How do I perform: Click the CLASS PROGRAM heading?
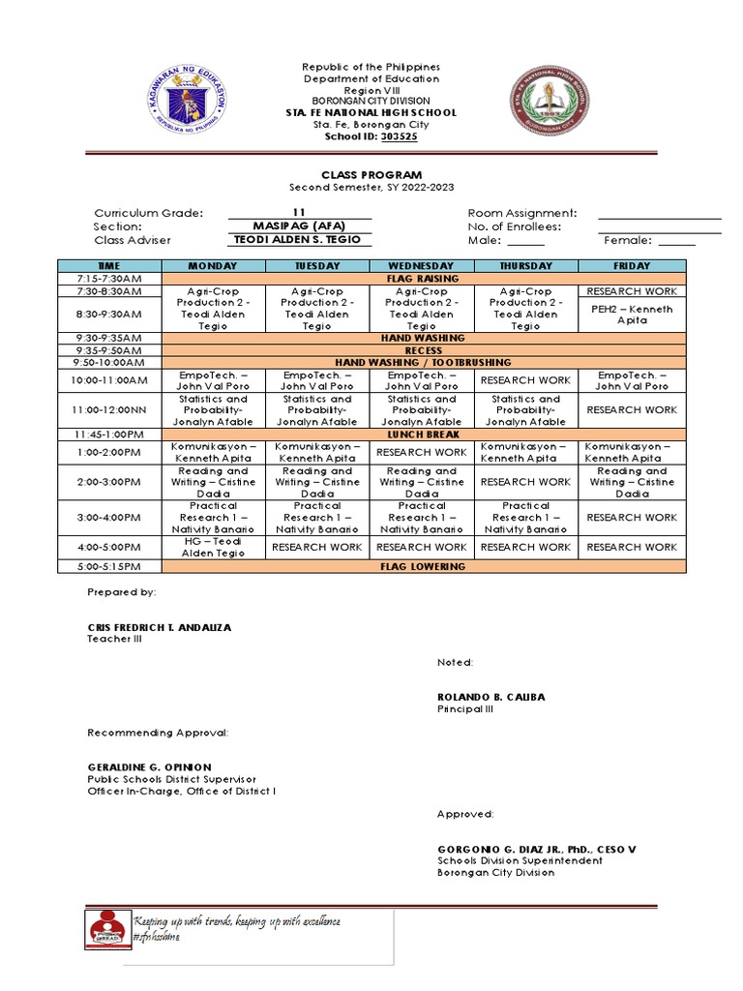coord(372,175)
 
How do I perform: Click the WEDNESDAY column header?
coord(421,265)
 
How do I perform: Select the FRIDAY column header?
coord(632,265)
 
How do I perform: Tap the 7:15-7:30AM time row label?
coord(108,279)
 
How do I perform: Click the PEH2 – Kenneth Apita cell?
coord(632,315)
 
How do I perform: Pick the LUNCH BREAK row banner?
coord(422,435)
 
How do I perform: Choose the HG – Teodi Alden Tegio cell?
coord(213,547)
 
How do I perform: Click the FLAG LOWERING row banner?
coord(422,566)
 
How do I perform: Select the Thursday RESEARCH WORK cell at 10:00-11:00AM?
coord(526,380)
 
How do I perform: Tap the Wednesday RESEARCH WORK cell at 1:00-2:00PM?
coord(421,452)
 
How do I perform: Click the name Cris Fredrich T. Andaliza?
coord(160,627)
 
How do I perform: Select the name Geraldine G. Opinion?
coord(149,766)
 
